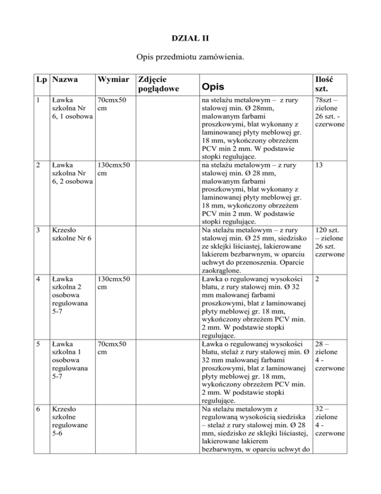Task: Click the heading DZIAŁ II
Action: pos(190,36)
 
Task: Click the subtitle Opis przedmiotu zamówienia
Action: pos(190,57)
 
